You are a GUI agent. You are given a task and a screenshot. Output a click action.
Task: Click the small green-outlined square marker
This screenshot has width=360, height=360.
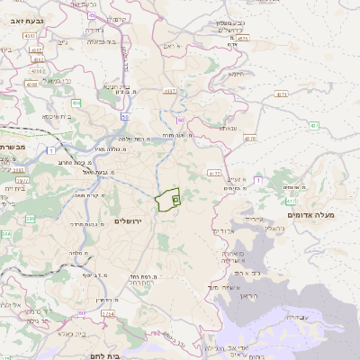pos(175,198)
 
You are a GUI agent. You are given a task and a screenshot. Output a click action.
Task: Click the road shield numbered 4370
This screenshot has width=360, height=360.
pos(249,139)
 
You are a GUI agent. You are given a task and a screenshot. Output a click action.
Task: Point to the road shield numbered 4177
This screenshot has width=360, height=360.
pos(212,172)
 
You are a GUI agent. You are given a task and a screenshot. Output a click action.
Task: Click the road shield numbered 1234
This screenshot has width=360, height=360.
pos(109,313)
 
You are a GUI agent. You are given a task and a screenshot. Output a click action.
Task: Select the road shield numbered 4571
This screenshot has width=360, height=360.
pos(282,94)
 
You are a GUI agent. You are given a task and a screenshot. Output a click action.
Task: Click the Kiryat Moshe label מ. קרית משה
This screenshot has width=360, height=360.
pos(90,194)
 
